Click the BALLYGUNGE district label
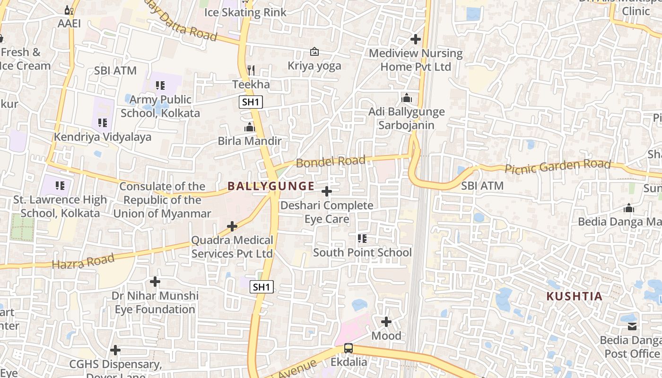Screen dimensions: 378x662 [x=271, y=186]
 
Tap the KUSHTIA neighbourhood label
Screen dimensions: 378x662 [x=575, y=297]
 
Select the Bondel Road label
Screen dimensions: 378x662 [x=331, y=162]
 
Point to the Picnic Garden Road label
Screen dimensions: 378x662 [x=558, y=166]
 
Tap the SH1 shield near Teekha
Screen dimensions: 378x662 [x=251, y=102]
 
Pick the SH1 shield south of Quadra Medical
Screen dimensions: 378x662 [x=262, y=287]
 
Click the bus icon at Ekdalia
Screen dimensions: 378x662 [x=348, y=348]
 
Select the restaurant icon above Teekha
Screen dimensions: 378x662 [x=251, y=70]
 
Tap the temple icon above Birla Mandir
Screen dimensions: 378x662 [x=250, y=127]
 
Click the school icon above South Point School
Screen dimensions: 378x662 [x=362, y=239]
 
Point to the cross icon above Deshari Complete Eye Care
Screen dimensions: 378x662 [x=327, y=191]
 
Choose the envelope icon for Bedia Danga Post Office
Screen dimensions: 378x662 [x=632, y=326]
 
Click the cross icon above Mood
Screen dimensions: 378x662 [x=386, y=322]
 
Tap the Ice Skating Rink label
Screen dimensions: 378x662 [x=245, y=12]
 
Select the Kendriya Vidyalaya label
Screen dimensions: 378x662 [x=103, y=137]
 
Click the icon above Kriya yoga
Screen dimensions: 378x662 [x=314, y=52]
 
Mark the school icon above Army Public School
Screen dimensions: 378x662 [x=160, y=86]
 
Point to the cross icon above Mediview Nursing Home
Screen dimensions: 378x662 [x=416, y=39]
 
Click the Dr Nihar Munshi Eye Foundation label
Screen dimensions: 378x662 [x=155, y=302]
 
